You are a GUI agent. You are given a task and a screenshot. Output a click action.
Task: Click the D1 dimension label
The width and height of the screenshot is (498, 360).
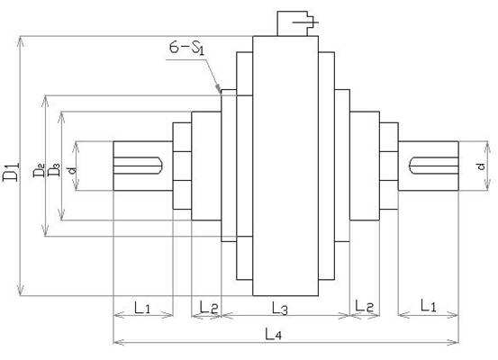11,172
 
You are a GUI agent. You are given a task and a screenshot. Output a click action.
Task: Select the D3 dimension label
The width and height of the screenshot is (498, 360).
54,169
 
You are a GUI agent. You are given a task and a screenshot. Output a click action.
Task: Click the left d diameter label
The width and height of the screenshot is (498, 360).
73,170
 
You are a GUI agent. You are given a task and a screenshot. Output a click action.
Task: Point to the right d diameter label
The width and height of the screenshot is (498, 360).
481,166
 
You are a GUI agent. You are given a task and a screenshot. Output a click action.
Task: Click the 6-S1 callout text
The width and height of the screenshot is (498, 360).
186,49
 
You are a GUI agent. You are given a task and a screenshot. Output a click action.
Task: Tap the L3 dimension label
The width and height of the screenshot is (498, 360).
280,308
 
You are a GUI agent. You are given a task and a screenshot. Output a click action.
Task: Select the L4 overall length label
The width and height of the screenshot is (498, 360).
273,335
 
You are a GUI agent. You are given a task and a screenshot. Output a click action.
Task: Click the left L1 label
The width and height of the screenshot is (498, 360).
142,307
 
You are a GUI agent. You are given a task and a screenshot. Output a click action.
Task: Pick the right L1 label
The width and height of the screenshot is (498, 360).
428,305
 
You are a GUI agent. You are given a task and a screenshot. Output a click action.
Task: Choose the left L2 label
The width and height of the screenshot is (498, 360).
209,307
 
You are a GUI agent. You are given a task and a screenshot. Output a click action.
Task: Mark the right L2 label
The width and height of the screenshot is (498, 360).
365,305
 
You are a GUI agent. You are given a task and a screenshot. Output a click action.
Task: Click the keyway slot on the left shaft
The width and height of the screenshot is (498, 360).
138,166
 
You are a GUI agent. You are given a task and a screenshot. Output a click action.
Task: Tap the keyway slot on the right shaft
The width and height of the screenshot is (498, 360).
433,166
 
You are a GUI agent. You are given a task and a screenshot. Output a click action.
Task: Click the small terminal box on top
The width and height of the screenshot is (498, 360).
297,23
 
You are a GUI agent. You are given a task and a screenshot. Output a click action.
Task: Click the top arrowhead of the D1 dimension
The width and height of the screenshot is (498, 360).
21,40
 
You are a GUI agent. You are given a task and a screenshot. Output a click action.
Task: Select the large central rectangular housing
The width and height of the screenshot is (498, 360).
285,166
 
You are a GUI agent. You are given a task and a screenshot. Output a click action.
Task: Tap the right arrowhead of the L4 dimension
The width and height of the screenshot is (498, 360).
456,342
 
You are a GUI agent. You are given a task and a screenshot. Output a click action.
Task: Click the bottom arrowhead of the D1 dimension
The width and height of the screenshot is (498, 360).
21,292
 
